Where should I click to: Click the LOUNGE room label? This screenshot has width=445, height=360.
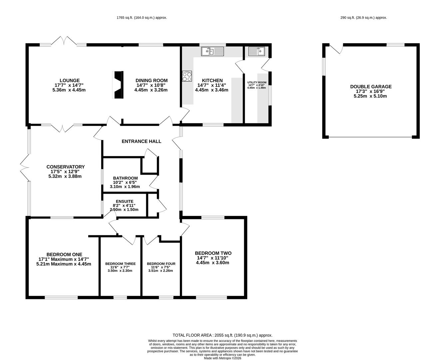[x=70, y=80]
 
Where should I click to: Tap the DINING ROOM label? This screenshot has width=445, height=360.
[x=152, y=80]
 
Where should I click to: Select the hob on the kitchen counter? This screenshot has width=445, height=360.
[x=187, y=76]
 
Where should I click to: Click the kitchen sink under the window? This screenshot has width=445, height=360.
[x=213, y=51]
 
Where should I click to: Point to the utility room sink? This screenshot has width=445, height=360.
[x=256, y=51]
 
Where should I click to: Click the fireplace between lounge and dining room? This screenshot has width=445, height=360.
[x=118, y=85]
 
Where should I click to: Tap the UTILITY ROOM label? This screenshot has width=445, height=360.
[x=257, y=82]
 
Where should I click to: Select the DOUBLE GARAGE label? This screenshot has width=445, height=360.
[x=371, y=87]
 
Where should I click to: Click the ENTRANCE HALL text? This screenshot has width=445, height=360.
[x=142, y=141]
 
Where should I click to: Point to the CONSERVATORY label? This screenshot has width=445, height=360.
[x=66, y=167]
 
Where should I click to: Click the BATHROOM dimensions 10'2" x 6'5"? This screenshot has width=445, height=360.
[x=125, y=182]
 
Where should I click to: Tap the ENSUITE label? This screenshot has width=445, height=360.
[x=125, y=201]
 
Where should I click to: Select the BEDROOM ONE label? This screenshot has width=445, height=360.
[x=64, y=254]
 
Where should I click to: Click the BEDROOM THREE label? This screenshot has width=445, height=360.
[x=120, y=264]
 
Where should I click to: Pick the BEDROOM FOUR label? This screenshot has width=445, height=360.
[x=161, y=264]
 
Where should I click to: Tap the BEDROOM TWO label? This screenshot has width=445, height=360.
[x=213, y=253]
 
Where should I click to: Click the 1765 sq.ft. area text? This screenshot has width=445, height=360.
[x=142, y=18]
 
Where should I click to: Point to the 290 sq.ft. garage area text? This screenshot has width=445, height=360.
[x=364, y=18]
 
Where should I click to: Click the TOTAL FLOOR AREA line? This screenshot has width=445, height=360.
[x=222, y=335]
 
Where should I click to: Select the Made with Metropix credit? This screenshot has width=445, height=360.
[x=222, y=358]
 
